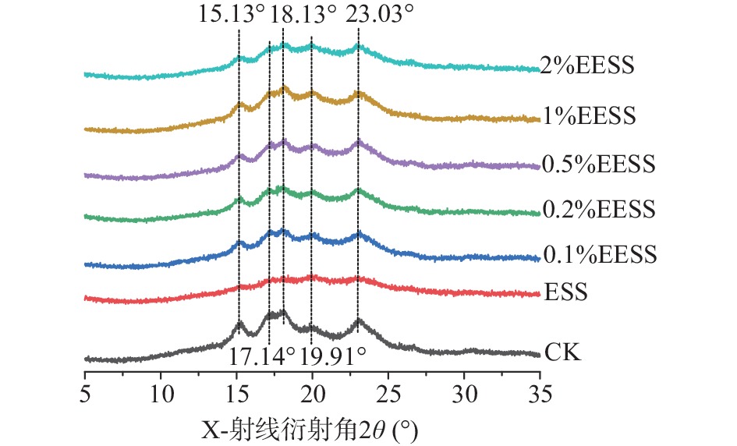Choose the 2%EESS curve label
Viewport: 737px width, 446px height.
pos(587,65)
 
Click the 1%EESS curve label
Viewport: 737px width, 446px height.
pos(587,117)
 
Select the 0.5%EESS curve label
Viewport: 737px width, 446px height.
pos(597,165)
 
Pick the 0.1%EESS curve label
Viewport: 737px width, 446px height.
pos(597,255)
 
